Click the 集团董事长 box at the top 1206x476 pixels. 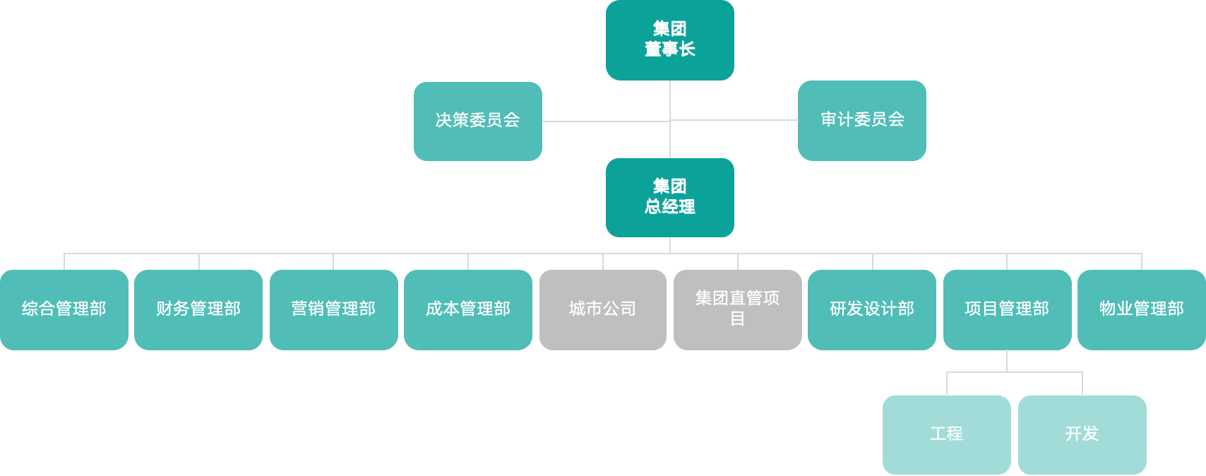click(x=669, y=40)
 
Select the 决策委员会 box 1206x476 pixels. click(x=477, y=121)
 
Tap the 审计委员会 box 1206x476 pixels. click(x=861, y=120)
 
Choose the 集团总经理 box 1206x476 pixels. click(x=669, y=197)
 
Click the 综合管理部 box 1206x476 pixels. click(x=64, y=309)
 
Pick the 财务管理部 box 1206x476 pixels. click(x=198, y=309)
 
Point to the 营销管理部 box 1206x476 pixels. click(x=333, y=309)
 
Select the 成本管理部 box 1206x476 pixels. click(x=467, y=309)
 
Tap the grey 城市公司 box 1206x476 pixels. click(x=602, y=309)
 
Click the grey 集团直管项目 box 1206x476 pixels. click(x=737, y=309)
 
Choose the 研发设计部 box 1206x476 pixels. click(x=871, y=309)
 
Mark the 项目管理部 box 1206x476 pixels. click(x=1006, y=309)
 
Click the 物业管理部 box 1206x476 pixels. click(x=1141, y=309)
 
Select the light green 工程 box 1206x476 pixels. click(x=946, y=434)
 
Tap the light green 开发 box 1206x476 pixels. click(x=1082, y=434)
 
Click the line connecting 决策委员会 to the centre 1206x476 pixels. click(x=605, y=121)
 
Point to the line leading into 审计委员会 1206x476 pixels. click(x=734, y=120)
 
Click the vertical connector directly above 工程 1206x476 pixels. click(x=947, y=383)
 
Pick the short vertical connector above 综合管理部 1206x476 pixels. click(x=64, y=261)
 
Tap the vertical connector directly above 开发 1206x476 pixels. click(x=1082, y=383)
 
